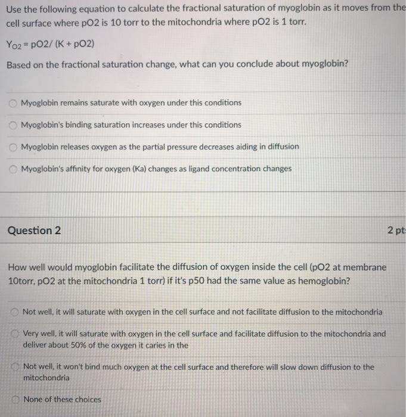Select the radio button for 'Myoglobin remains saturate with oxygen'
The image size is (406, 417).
[x=13, y=103]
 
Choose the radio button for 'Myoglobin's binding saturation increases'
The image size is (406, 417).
[x=13, y=125]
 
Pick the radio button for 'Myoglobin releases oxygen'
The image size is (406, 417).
[x=13, y=147]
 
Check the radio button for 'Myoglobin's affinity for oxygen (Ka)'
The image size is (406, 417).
[x=13, y=169]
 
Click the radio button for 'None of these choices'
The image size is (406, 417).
[x=14, y=400]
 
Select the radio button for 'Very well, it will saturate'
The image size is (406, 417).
[x=14, y=334]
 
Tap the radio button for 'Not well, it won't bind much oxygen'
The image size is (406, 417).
[x=14, y=367]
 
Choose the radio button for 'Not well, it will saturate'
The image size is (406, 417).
[x=14, y=312]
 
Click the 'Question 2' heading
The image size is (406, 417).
[x=34, y=231]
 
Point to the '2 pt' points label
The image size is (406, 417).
[x=395, y=231]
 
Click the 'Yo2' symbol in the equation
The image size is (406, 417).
[x=17, y=44]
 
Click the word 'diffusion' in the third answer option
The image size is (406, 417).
[x=281, y=147]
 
